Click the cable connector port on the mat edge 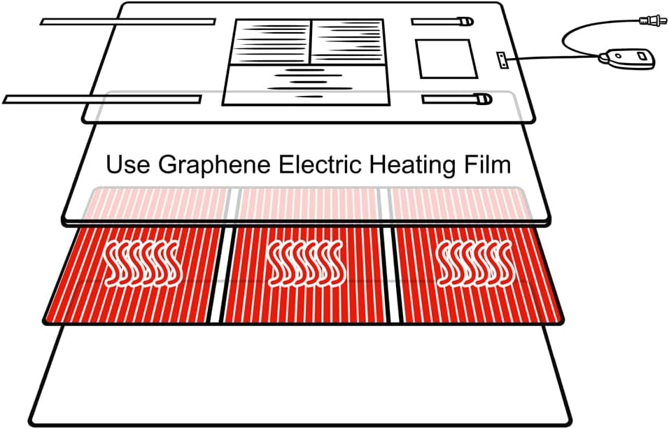pyautogui.click(x=502, y=60)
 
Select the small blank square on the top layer pyautogui.click(x=446, y=59)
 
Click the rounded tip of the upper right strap pyautogui.click(x=463, y=21)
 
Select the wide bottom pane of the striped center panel pyautogui.click(x=305, y=85)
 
